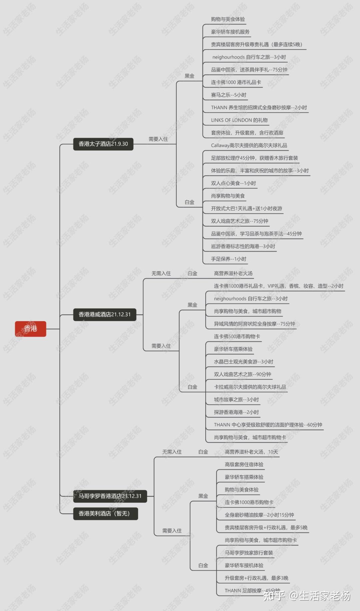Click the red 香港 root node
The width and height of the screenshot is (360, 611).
tap(30, 329)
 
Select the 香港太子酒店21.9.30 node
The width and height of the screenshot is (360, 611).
tap(103, 144)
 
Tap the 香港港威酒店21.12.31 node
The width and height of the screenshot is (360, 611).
tap(105, 315)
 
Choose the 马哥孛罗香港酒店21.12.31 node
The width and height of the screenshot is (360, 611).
tap(110, 496)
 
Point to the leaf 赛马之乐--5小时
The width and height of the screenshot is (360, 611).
tap(229, 95)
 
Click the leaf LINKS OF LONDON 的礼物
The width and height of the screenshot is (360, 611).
tap(239, 120)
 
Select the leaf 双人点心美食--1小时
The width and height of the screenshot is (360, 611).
tap(233, 183)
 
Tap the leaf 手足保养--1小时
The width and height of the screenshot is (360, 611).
tap(229, 259)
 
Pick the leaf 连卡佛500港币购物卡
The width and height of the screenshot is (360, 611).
tap(237, 337)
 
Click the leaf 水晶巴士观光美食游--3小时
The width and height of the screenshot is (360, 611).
tap(243, 362)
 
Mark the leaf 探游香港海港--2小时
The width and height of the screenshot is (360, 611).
tap(236, 412)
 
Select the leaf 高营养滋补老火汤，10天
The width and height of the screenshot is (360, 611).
tap(251, 452)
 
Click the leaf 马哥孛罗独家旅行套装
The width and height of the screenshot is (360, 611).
tap(249, 553)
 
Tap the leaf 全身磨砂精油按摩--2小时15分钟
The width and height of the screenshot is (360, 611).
tap(259, 515)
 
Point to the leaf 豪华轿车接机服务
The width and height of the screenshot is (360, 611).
tap(230, 32)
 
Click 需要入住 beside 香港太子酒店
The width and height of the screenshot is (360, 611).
tap(158, 139)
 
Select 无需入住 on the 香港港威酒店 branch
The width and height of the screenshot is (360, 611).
tap(161, 273)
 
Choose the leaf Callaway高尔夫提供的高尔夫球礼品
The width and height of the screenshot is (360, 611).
tap(249, 145)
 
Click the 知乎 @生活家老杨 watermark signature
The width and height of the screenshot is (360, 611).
tap(307, 596)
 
